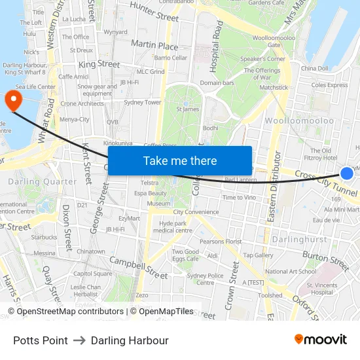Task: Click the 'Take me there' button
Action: click(180, 160)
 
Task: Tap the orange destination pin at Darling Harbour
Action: click(13, 100)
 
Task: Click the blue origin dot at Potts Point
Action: click(347, 173)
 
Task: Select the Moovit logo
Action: click(320, 340)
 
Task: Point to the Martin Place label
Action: click(154, 46)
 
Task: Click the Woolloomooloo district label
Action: click(299, 120)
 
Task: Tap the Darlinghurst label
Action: click(300, 240)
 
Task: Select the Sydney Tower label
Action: click(142, 102)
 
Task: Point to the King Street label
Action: click(99, 64)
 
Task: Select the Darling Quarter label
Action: click(43, 181)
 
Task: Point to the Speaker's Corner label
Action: click(263, 59)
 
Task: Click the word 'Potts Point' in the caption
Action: click(41, 340)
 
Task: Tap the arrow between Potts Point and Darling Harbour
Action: click(79, 340)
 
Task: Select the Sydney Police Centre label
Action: click(206, 279)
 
